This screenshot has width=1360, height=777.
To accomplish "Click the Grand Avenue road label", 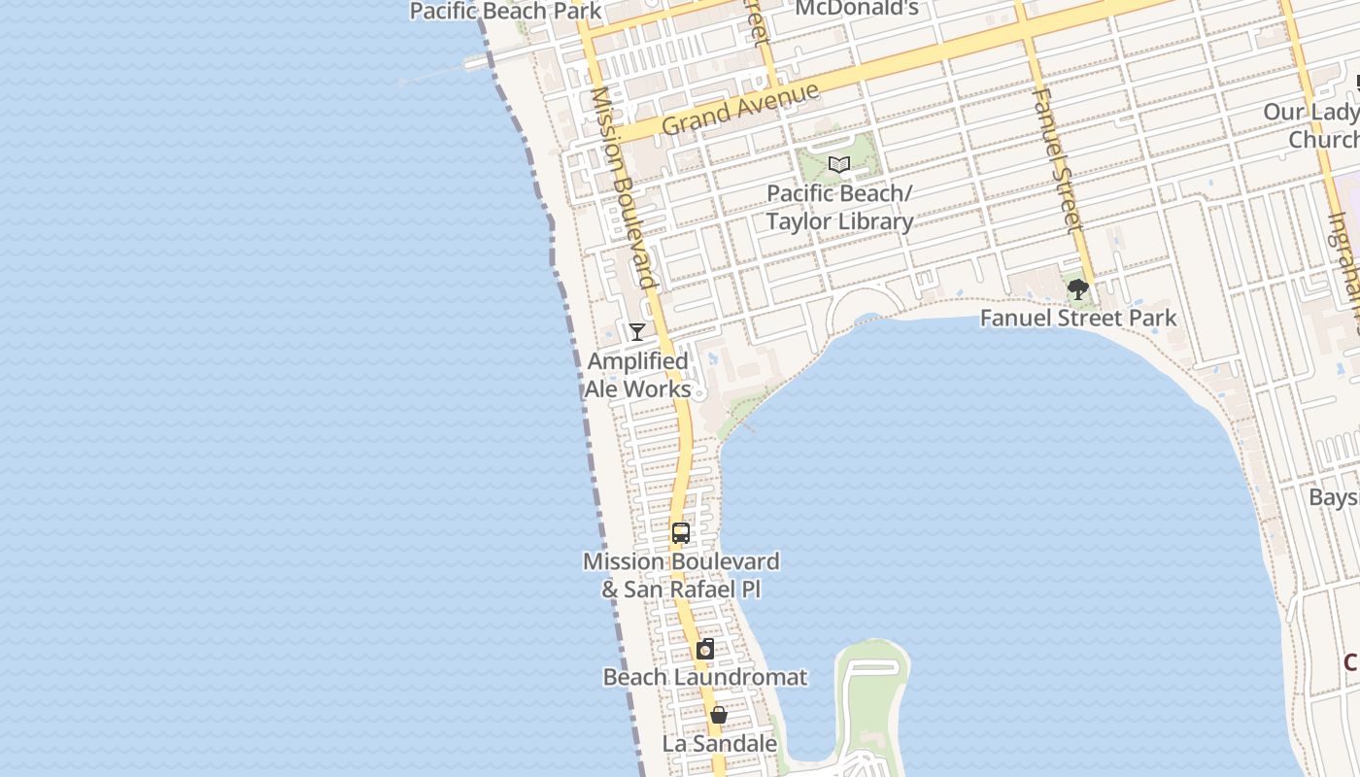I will coord(739,109).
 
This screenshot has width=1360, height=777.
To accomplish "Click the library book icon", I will coord(839,165).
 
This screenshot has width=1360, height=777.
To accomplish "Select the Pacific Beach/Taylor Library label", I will coord(839,208).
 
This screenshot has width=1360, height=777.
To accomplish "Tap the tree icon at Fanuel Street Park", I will coord(1077,288).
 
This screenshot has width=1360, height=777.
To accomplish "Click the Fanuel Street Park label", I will coord(1077,318).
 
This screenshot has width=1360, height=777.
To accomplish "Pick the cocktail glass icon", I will coord(636,332).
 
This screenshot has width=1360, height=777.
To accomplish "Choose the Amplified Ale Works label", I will coord(638,375).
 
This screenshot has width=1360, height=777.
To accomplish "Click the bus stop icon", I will coord(681,532).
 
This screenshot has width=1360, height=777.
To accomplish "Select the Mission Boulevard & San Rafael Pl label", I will coord(681,575).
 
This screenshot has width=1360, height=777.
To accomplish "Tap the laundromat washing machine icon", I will coord(705,650).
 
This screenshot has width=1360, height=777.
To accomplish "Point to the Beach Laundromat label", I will coord(705,677).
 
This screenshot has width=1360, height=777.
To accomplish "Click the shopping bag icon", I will coord(719,716).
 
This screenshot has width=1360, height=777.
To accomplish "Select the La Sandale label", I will coord(719,744).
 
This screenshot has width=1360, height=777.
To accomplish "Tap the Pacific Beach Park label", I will coord(506,12).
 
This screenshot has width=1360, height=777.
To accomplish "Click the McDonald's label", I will coord(857,9).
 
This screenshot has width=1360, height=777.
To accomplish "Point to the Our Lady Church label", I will coord(1310,126).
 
